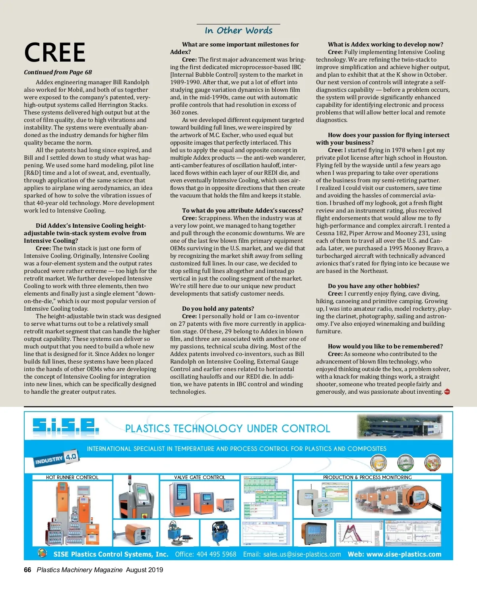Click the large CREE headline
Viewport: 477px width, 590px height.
pyautogui.click(x=55, y=52)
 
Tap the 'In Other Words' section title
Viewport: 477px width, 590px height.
pyautogui.click(x=238, y=31)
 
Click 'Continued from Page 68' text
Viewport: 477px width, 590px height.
pyautogui.click(x=58, y=72)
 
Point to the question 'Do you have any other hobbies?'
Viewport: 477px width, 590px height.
pyautogui.click(x=373, y=286)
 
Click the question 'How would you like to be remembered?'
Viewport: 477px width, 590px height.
pyautogui.click(x=385, y=346)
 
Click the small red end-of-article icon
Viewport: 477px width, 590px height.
pyautogui.click(x=447, y=392)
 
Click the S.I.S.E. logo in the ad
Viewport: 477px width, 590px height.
pyautogui.click(x=66, y=426)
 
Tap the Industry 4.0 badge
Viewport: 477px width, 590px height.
pyautogui.click(x=57, y=459)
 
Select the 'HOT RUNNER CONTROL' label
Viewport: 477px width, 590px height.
pyautogui.click(x=72, y=478)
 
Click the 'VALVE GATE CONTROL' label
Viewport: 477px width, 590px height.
pyautogui.click(x=200, y=478)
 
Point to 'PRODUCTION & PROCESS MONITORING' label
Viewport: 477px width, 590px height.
pyautogui.click(x=367, y=478)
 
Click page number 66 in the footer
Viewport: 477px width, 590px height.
pyautogui.click(x=27, y=570)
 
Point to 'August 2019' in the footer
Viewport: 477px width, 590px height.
pyautogui.click(x=144, y=570)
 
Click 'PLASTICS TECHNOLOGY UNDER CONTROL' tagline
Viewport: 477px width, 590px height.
pyautogui.click(x=227, y=429)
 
